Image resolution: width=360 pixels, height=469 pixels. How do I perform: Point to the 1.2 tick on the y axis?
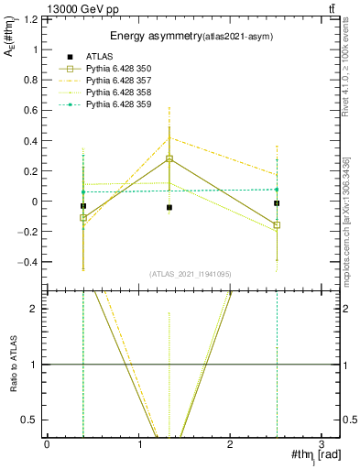coord(33,19)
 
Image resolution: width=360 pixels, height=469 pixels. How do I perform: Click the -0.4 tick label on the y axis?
coord(30,262)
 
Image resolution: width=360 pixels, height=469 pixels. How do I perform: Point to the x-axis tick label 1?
coord(138,445)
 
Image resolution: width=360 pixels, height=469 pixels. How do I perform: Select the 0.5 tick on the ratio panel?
coord(33,420)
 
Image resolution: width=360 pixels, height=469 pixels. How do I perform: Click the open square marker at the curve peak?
coord(169,158)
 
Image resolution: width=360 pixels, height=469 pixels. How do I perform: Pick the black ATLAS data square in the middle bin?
coord(169,208)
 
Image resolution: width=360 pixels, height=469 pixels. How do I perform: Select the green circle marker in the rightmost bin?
coord(277,190)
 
